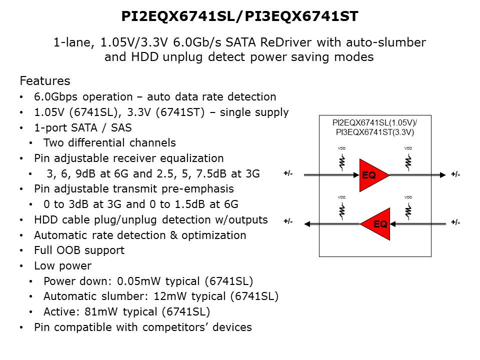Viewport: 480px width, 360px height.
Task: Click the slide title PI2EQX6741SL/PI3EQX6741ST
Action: pyautogui.click(x=240, y=16)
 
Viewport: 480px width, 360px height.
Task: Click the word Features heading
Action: pyautogui.click(x=44, y=81)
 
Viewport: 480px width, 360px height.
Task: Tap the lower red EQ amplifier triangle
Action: pyautogui.click(x=377, y=223)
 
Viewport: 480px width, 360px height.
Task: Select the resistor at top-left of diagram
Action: pyautogui.click(x=342, y=162)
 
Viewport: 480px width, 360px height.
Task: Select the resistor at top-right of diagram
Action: pyautogui.click(x=408, y=162)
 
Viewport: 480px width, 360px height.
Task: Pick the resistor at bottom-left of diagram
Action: pyautogui.click(x=342, y=211)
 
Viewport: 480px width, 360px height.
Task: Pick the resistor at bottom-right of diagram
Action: pyautogui.click(x=408, y=211)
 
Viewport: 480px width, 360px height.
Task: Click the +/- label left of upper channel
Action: pyautogui.click(x=288, y=174)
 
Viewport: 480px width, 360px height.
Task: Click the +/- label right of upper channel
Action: pyautogui.click(x=455, y=174)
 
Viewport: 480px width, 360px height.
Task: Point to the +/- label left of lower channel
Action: pyautogui.click(x=288, y=221)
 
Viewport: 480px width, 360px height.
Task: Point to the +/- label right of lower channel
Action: pyautogui.click(x=455, y=222)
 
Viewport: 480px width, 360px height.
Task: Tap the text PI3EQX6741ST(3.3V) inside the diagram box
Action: pyautogui.click(x=375, y=132)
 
